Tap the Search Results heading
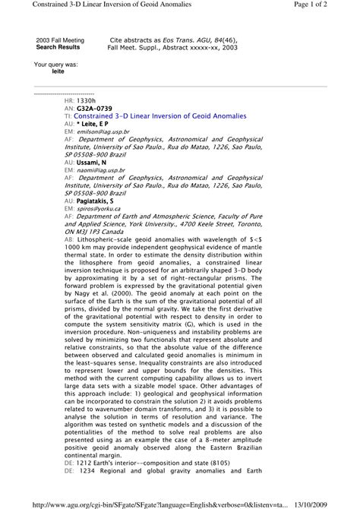click(x=58, y=46)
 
